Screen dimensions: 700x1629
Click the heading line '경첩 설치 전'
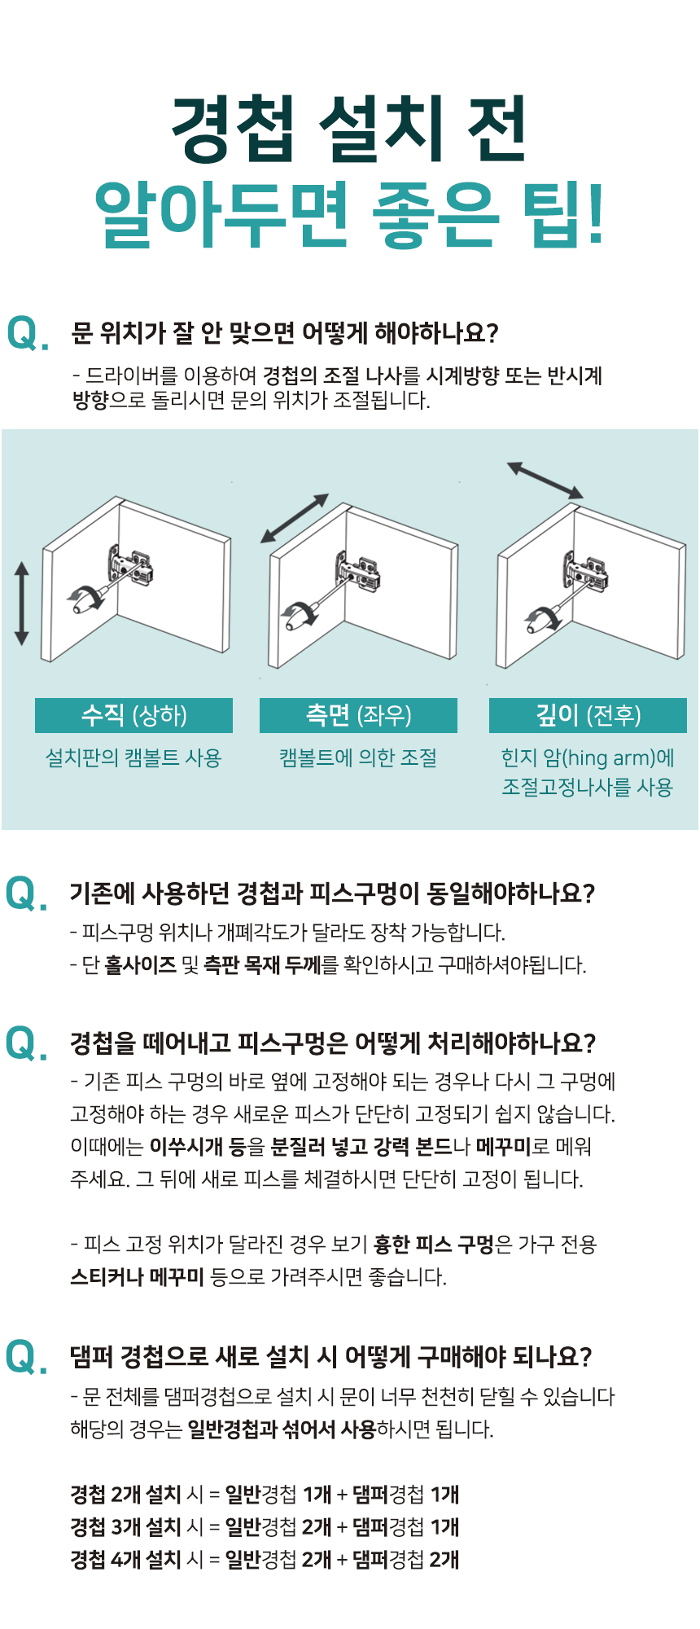349,129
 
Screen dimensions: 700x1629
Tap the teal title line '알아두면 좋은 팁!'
350,213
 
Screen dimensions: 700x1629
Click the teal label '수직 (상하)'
134,715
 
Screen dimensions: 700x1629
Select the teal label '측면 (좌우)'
358,715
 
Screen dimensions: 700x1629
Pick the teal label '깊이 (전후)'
588,715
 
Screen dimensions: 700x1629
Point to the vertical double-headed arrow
22,603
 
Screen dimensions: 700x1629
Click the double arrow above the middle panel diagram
295,518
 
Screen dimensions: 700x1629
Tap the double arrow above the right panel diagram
545,480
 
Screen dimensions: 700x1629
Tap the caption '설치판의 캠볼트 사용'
133,758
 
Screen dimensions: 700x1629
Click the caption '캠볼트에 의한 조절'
358,758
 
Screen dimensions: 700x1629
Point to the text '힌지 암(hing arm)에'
588,758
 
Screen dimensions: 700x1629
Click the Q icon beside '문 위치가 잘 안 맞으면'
27,334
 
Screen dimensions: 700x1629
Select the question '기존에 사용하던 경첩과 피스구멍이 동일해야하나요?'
332,894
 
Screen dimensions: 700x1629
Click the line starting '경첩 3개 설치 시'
265,1527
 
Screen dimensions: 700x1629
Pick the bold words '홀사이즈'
141,965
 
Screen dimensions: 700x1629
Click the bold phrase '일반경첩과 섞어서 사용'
282,1429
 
